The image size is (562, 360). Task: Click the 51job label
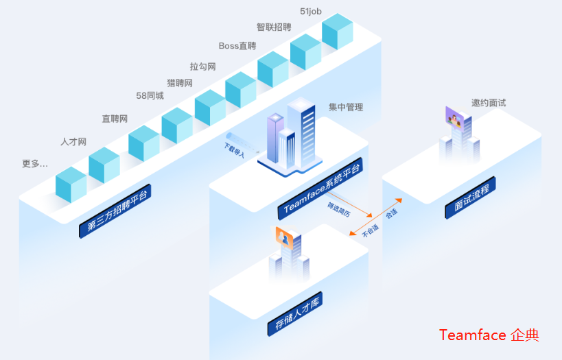[x=311, y=11]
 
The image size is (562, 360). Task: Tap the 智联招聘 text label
[x=274, y=27]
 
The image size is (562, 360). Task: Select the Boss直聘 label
[x=237, y=46]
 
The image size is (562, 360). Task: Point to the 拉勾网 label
[x=203, y=67]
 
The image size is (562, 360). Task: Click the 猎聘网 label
[x=180, y=83]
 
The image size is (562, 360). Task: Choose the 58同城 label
[x=150, y=96]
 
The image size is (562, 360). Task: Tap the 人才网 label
[x=73, y=142]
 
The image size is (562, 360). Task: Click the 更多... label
[x=35, y=164]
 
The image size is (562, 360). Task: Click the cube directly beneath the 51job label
[x=337, y=32]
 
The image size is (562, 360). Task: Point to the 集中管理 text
[x=345, y=107]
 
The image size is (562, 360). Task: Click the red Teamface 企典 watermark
[x=489, y=335]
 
